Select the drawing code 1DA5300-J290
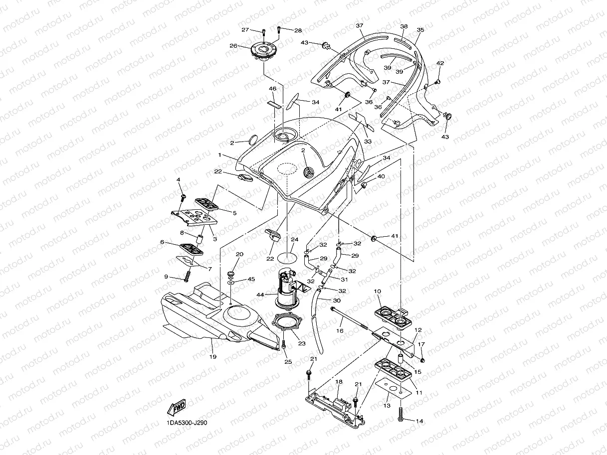(x=187, y=423)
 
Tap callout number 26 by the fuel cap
(x=233, y=45)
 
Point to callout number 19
(x=213, y=356)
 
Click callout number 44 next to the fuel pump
(x=260, y=295)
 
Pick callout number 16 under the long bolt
(x=340, y=330)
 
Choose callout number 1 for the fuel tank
(x=219, y=155)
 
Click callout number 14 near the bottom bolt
(x=419, y=421)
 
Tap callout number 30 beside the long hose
(x=337, y=301)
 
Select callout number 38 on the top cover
(x=404, y=26)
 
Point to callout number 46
(x=273, y=89)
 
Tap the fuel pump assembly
(x=286, y=289)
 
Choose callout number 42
(x=440, y=63)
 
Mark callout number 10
(x=377, y=291)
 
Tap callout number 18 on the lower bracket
(x=339, y=382)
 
